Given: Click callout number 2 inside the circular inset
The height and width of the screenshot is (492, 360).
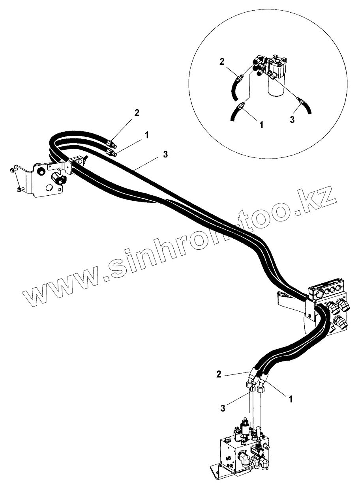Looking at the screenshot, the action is [x=222, y=62].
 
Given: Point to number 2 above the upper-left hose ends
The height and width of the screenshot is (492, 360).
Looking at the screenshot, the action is [x=137, y=113].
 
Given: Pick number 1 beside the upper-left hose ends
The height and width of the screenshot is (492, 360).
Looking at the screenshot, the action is [x=146, y=135].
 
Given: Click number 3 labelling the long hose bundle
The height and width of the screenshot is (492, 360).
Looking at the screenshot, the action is [x=165, y=154].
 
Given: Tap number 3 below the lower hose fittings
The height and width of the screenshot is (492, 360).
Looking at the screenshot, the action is [x=223, y=408].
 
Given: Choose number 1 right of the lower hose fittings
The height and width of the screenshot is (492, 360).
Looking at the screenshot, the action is [x=291, y=399].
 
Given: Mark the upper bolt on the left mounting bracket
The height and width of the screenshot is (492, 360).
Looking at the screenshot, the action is [x=12, y=170].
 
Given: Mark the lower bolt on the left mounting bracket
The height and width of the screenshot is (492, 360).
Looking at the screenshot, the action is [x=20, y=190].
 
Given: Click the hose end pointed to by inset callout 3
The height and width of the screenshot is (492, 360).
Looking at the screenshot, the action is [x=302, y=101].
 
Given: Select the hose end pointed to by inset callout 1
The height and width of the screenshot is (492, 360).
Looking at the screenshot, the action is [x=241, y=107].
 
